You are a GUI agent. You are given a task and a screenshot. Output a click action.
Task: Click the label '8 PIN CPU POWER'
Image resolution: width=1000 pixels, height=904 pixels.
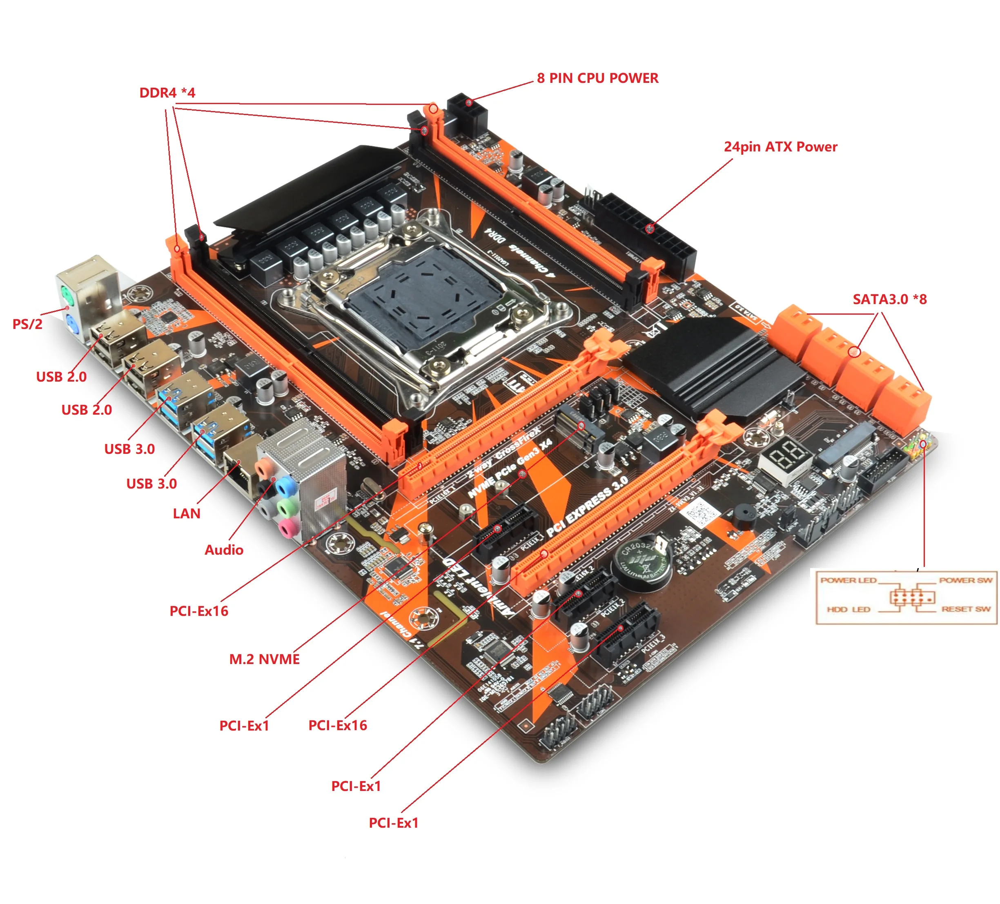(x=597, y=78)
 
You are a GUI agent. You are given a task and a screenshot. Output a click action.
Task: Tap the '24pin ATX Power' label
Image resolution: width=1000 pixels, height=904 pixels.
(x=780, y=147)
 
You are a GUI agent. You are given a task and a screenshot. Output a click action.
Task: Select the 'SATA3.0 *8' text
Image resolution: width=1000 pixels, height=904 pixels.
(x=889, y=299)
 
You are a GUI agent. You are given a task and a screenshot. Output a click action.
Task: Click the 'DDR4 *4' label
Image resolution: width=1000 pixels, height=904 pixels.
(x=167, y=93)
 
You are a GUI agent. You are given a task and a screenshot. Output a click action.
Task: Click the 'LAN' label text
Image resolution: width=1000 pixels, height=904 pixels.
(x=187, y=513)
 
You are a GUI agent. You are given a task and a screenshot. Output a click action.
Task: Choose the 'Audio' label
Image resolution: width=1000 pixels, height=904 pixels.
(x=224, y=549)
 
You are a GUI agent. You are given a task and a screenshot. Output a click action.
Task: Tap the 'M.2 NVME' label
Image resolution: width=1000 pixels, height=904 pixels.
(x=264, y=659)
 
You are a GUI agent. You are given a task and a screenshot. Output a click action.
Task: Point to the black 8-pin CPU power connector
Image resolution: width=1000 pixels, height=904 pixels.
(x=467, y=113)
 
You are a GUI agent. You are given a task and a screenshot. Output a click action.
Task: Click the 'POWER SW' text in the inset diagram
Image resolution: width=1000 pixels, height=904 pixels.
(x=965, y=580)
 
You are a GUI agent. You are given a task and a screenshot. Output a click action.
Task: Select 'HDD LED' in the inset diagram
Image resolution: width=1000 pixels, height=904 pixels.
(x=848, y=609)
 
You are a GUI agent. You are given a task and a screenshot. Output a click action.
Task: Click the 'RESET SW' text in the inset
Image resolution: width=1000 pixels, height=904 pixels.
(x=966, y=609)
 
